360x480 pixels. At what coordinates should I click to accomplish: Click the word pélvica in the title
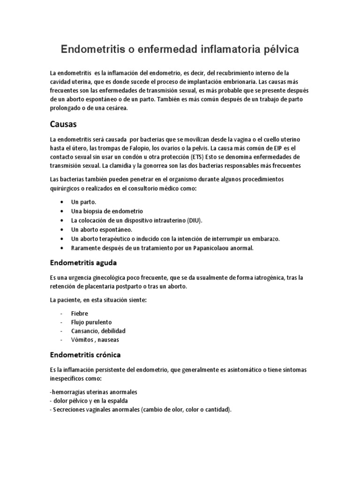tap(276, 49)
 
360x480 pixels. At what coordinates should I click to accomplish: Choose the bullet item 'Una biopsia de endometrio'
tap(107, 211)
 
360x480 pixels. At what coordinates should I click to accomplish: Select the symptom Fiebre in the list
tap(80, 313)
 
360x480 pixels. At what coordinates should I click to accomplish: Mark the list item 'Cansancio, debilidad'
tap(98, 331)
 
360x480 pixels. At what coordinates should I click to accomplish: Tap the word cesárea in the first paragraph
tap(112, 108)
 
